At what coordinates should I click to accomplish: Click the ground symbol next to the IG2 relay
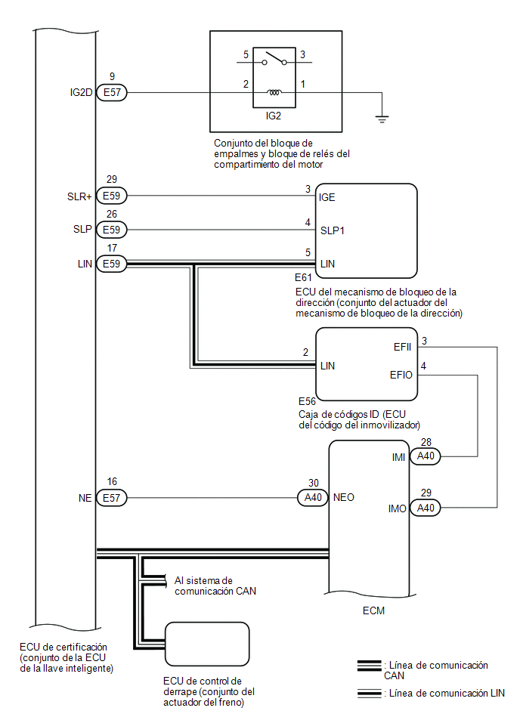pos(382,119)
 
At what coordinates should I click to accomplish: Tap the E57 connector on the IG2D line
pos(112,92)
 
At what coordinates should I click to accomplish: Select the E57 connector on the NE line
pos(112,497)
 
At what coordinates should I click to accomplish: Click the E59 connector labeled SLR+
pos(112,196)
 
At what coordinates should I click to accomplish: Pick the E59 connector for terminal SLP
pos(112,230)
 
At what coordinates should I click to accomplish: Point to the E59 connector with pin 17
pos(112,264)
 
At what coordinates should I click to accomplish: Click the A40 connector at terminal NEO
pos(313,497)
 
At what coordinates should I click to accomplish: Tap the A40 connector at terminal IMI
pos(426,456)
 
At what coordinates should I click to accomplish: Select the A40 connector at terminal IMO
pos(426,508)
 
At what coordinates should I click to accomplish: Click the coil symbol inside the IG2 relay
pos(274,92)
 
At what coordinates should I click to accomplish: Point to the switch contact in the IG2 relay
pos(274,58)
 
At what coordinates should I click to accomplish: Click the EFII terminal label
pos(402,347)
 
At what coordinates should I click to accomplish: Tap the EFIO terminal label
pos(401,375)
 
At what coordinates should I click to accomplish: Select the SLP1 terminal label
pos(333,230)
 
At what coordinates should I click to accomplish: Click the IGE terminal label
pos(327,197)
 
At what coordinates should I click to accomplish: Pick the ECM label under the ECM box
pos(373,610)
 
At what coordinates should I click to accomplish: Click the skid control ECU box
pos(207,644)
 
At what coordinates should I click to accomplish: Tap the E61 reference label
pos(303,277)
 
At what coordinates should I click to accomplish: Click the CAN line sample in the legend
pos(369,666)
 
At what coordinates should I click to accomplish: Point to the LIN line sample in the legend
pos(369,694)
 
